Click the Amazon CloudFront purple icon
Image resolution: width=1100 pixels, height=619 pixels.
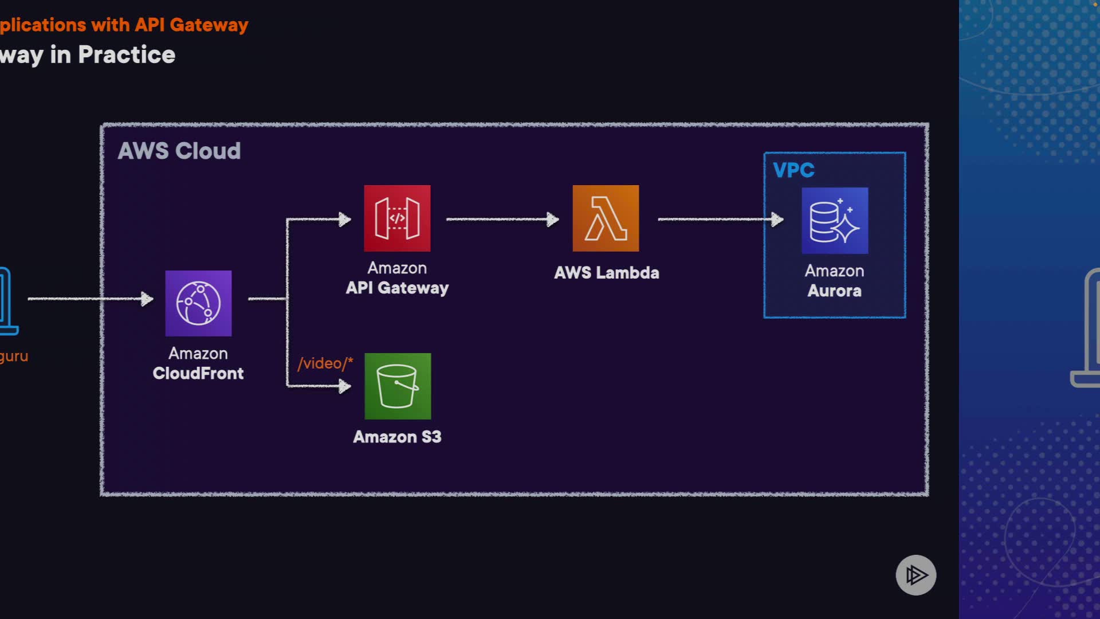click(x=198, y=303)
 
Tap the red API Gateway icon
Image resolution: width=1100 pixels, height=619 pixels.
click(x=397, y=218)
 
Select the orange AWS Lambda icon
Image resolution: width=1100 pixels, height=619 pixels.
click(x=606, y=218)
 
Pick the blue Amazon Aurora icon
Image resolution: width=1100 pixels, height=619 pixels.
click(x=834, y=221)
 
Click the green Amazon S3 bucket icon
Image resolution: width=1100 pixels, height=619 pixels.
click(x=398, y=386)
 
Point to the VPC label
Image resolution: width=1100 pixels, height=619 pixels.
click(x=793, y=170)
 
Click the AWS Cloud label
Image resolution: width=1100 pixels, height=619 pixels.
click(x=179, y=151)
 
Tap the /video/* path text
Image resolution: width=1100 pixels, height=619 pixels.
click(x=325, y=363)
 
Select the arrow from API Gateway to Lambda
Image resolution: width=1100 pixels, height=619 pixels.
click(x=501, y=219)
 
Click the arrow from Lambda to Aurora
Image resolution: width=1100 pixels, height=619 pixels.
click(x=719, y=219)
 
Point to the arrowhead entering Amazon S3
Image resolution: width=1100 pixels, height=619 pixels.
click(x=345, y=386)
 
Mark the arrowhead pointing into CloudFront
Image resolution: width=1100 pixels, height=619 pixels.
click(x=148, y=299)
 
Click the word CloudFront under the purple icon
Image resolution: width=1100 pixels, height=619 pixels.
click(x=198, y=374)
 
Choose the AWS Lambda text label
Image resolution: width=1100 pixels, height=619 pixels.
click(x=606, y=273)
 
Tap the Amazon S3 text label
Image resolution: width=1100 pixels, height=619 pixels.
click(x=397, y=437)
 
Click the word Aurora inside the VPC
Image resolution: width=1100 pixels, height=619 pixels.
click(x=834, y=291)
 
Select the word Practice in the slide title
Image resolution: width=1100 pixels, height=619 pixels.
click(x=127, y=55)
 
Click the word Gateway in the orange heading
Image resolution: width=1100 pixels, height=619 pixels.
click(x=209, y=25)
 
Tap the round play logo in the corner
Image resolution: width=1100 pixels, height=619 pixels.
click(x=916, y=575)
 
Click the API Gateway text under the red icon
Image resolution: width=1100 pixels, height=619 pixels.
click(x=397, y=288)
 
